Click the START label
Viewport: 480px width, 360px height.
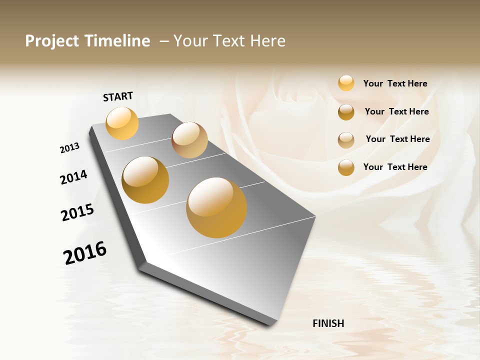118,96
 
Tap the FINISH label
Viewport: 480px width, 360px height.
328,323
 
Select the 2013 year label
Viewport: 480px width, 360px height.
69,148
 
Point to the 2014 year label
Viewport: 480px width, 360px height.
73,177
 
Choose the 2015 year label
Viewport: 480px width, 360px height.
77,212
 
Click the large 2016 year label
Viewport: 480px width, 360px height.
85,252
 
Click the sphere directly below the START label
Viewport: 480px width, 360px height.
122,123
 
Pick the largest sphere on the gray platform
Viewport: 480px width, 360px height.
216,207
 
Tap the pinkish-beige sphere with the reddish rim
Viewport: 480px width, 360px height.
189,140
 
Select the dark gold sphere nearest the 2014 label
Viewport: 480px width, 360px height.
145,180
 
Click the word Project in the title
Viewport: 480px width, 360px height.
52,41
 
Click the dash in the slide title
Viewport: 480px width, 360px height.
164,41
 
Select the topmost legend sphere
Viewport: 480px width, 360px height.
346,83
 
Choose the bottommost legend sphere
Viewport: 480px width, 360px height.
346,167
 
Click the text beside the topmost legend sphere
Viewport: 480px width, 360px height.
395,83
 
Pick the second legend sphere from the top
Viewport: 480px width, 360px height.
346,112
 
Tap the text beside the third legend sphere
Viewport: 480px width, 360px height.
397,139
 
